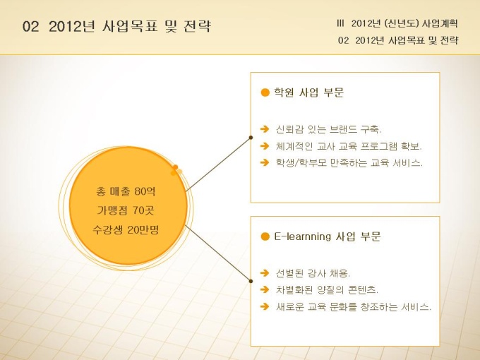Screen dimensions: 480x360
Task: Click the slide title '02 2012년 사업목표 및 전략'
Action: pos(116,26)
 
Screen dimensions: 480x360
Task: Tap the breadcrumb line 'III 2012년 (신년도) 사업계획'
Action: pos(397,23)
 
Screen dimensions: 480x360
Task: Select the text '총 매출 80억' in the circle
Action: pos(126,191)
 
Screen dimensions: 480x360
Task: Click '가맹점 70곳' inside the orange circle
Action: pos(126,210)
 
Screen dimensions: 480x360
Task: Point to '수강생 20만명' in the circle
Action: pos(126,229)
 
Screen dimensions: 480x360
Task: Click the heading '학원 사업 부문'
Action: pos(308,92)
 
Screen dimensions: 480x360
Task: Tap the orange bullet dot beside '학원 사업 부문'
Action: pos(265,92)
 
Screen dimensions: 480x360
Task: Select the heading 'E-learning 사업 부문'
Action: pos(328,236)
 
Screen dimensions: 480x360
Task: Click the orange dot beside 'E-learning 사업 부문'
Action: pos(265,236)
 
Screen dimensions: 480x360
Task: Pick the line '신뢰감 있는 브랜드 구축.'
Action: pos(328,129)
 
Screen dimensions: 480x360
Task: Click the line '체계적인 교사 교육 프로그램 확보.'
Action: pos(349,146)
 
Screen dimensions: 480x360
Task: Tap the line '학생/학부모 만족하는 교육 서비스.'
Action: pos(349,162)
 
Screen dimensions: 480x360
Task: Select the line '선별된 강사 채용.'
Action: pos(313,272)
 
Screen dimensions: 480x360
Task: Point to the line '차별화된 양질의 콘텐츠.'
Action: pos(327,289)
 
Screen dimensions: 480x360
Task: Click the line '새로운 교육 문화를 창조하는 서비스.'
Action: pos(353,306)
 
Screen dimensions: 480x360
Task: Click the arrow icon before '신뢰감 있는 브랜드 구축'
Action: pos(265,129)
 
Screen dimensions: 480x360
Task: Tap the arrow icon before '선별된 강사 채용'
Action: pos(265,272)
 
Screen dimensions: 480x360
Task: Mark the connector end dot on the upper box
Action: pos(251,138)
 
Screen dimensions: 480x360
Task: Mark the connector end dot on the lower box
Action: pos(251,281)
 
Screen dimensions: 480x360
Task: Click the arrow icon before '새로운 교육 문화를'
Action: pos(265,306)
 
